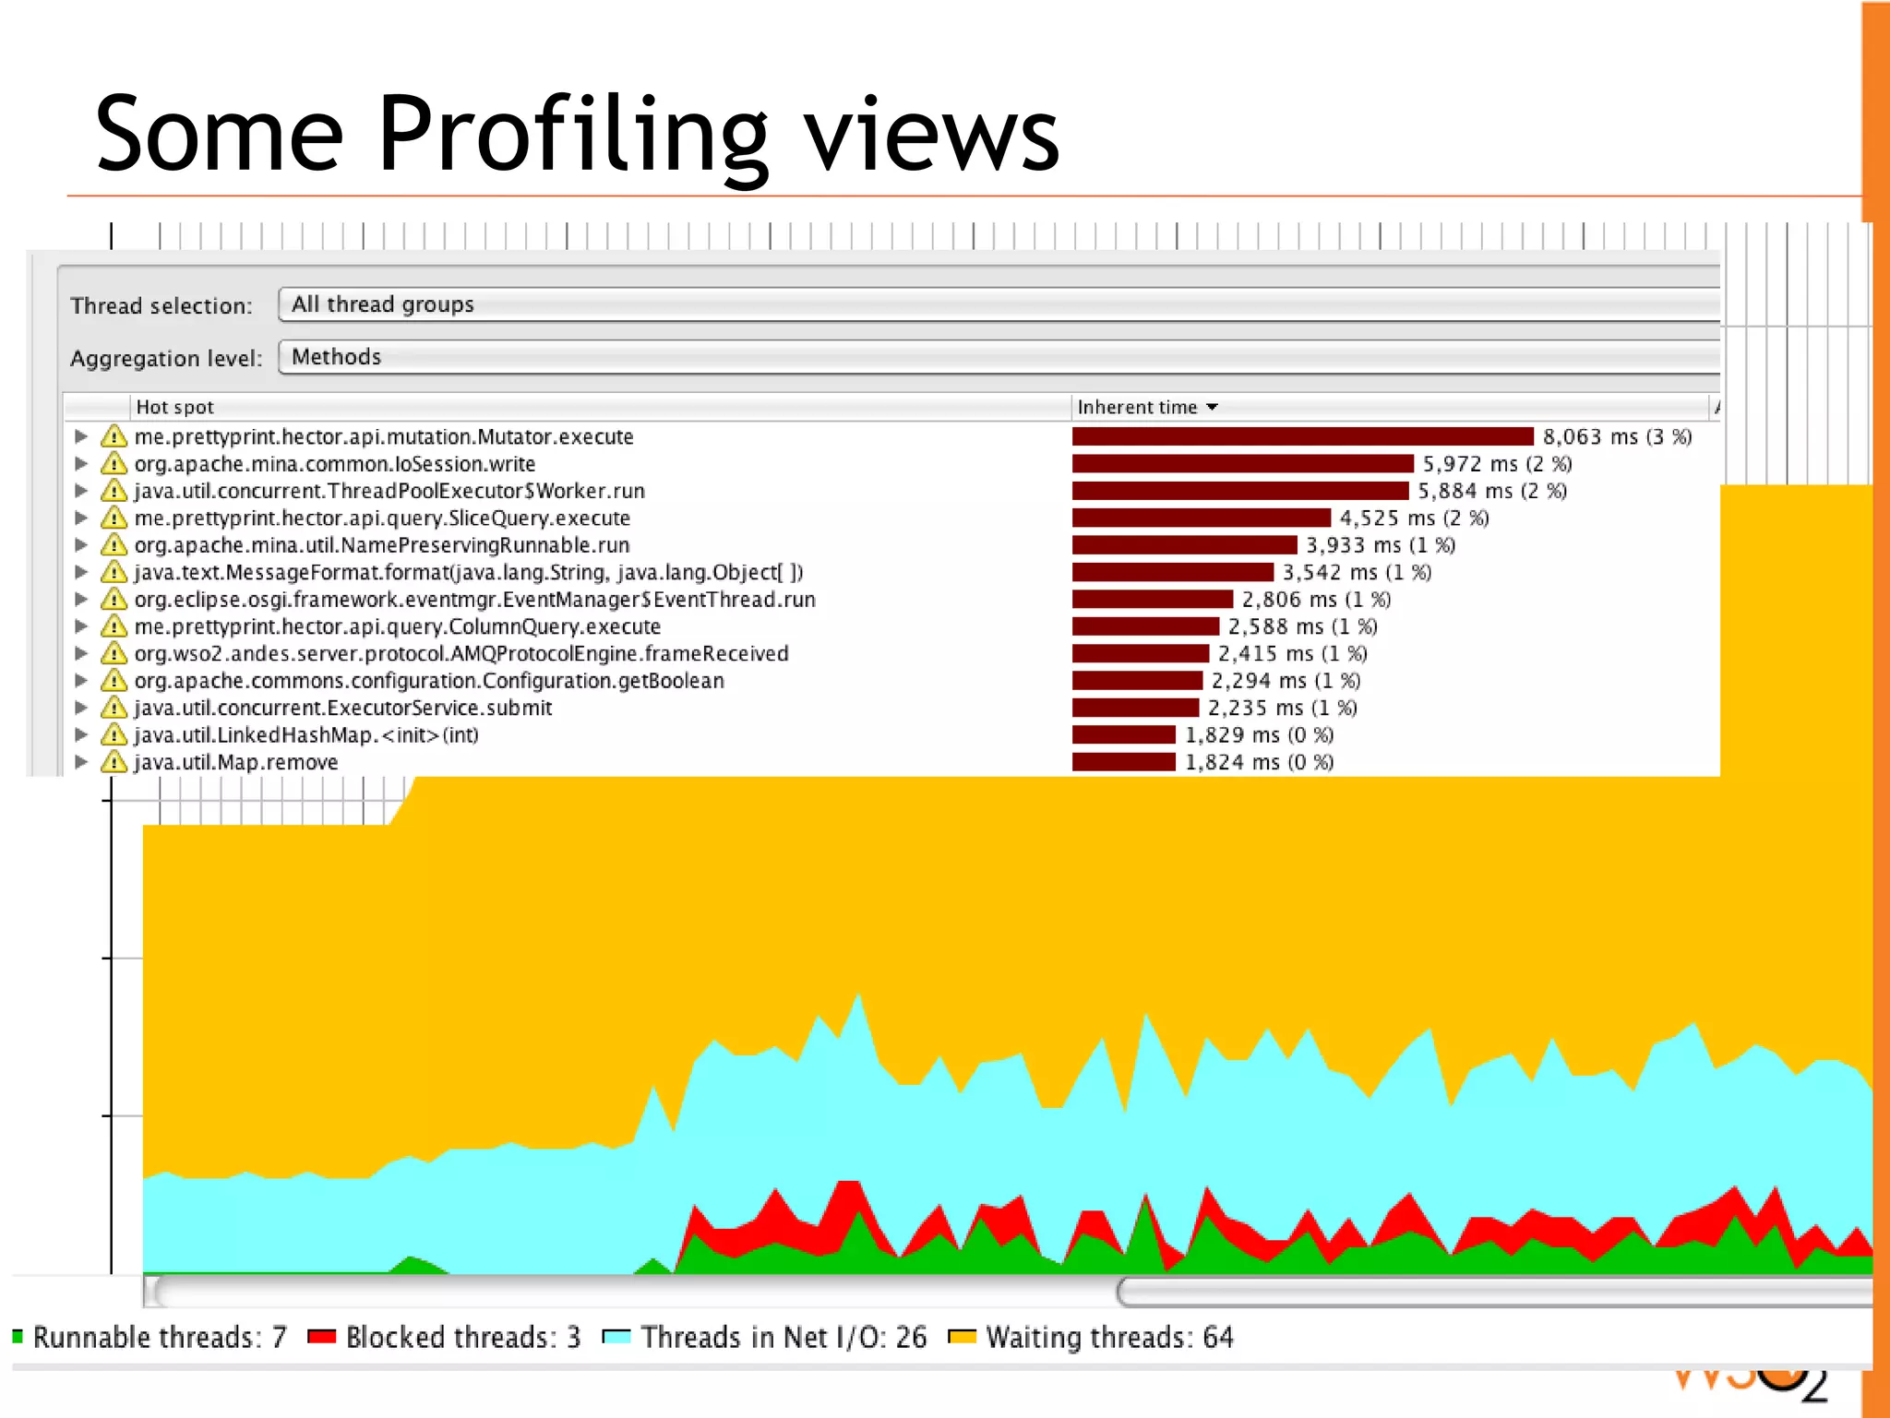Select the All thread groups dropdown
(x=997, y=304)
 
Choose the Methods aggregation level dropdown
(x=997, y=357)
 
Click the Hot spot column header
(x=174, y=407)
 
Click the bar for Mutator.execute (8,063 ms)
(x=1301, y=436)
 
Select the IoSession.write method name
(x=334, y=464)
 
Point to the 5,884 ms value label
(x=1491, y=491)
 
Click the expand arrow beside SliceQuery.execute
(x=81, y=518)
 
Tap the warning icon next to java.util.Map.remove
(x=114, y=762)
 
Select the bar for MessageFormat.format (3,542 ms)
(x=1172, y=572)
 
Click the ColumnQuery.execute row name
(x=397, y=626)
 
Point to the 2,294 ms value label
(x=1285, y=681)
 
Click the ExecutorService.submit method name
(x=342, y=708)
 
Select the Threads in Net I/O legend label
(x=783, y=1337)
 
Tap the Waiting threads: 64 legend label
(x=1108, y=1337)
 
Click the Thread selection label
(x=161, y=305)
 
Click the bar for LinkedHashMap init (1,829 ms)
(x=1123, y=735)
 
